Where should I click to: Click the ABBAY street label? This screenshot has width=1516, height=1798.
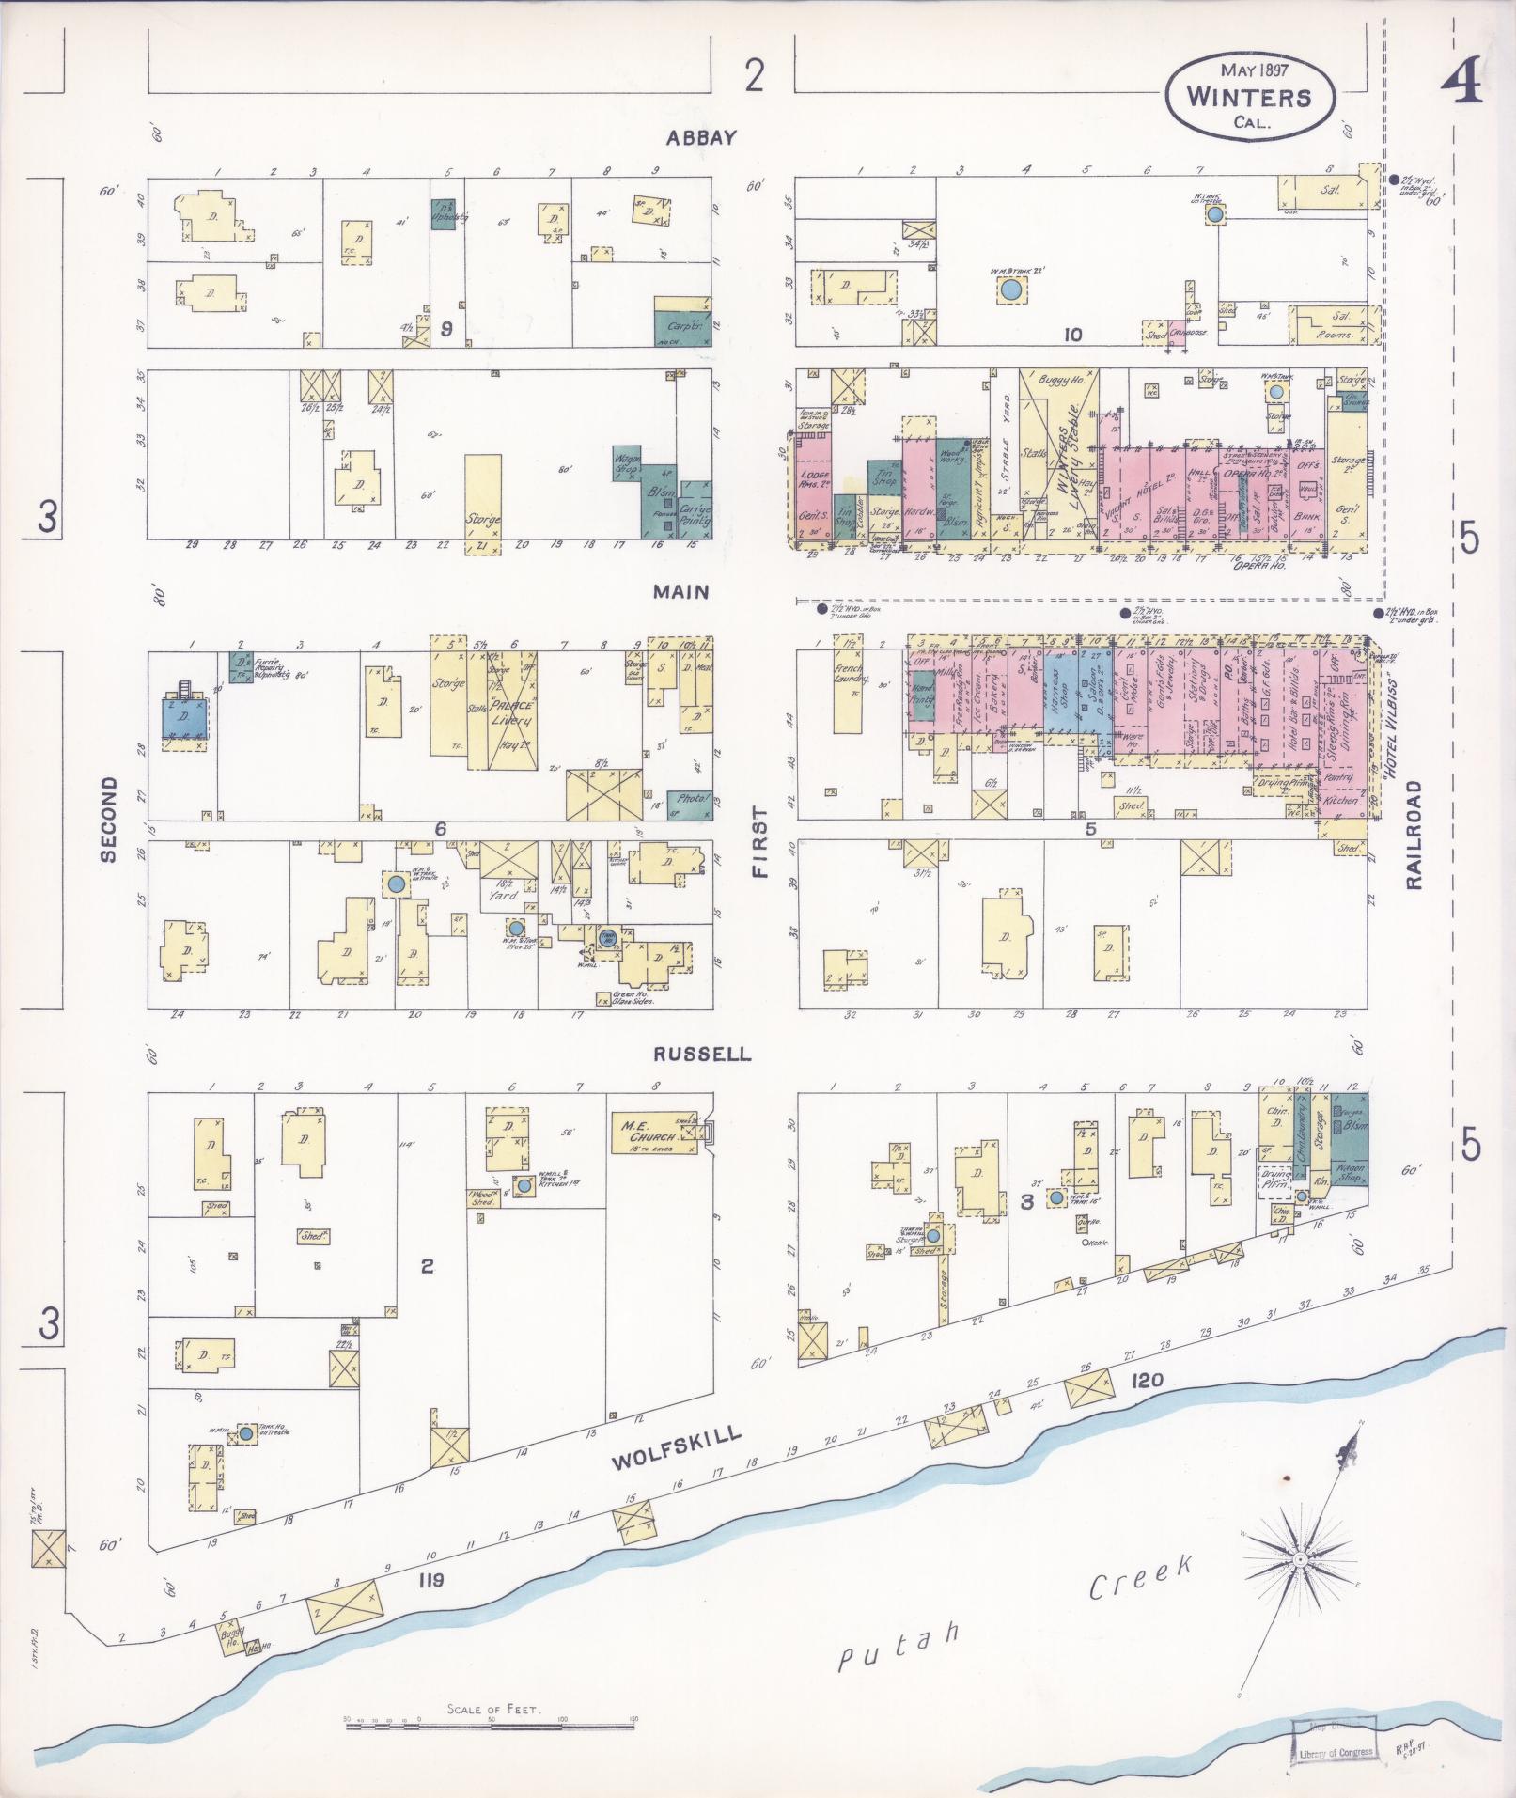coord(700,138)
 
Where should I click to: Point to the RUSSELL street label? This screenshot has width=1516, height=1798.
coord(703,1054)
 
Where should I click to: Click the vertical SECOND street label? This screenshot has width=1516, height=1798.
coord(108,820)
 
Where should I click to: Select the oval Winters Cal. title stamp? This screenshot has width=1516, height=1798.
coord(1249,96)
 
